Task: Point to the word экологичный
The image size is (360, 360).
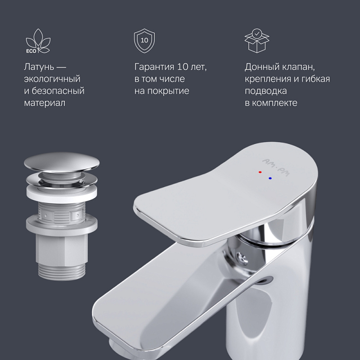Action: pyautogui.click(x=52, y=79)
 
